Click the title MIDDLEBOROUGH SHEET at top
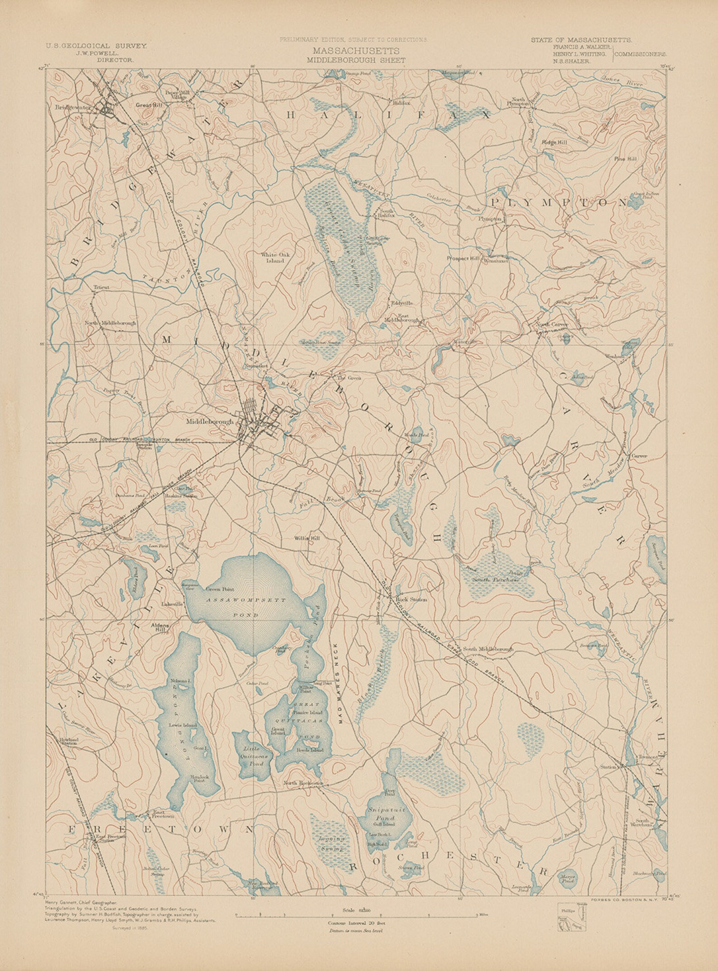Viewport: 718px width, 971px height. click(355, 59)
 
